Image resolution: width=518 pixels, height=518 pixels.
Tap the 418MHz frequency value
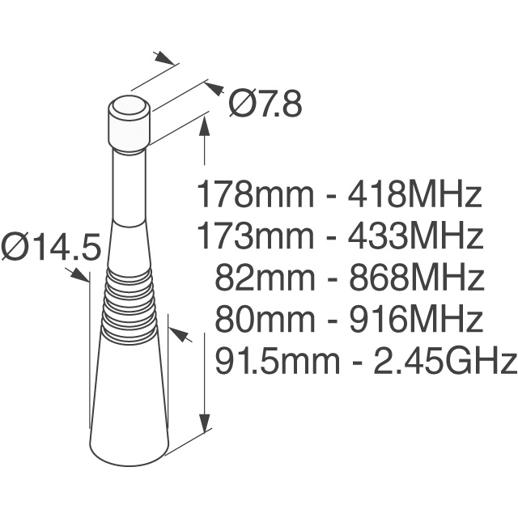coord(414,195)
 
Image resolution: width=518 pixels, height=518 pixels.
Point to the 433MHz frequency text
coord(414,237)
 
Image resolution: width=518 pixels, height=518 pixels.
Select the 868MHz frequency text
coord(414,278)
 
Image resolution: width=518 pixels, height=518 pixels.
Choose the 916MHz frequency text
coord(414,320)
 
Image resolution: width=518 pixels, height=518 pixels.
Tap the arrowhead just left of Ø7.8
coord(214,87)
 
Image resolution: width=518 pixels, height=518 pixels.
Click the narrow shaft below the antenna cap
coord(128,186)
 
